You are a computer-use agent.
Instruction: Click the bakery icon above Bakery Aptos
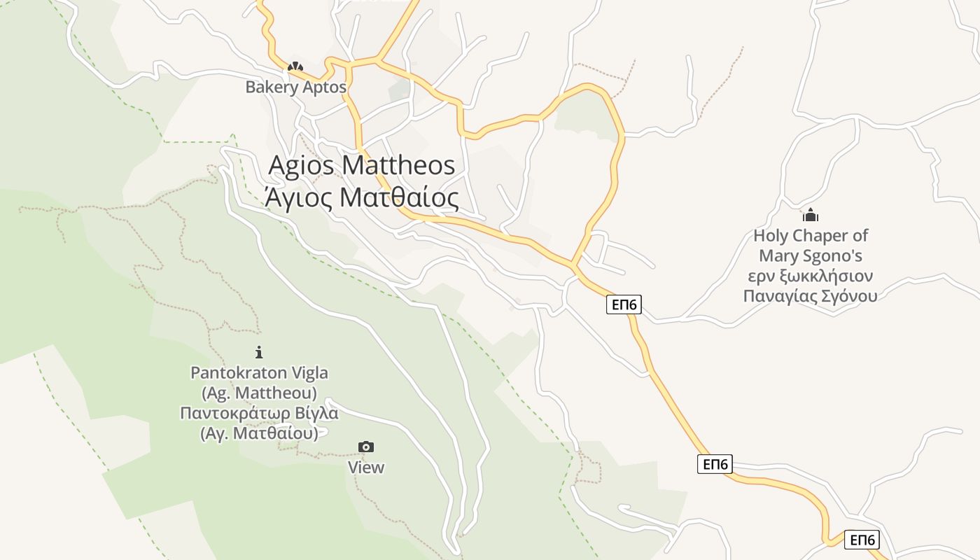coord(295,67)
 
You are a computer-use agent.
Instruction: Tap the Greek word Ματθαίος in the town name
coord(399,198)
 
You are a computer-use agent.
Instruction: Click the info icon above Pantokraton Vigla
coord(259,352)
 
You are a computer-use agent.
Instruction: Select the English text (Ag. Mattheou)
coord(259,393)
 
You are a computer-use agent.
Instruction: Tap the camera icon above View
coord(365,447)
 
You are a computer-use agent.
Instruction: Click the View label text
coord(366,467)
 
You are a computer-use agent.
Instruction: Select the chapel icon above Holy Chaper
coord(811,215)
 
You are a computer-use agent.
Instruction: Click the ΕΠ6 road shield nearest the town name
coord(623,304)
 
